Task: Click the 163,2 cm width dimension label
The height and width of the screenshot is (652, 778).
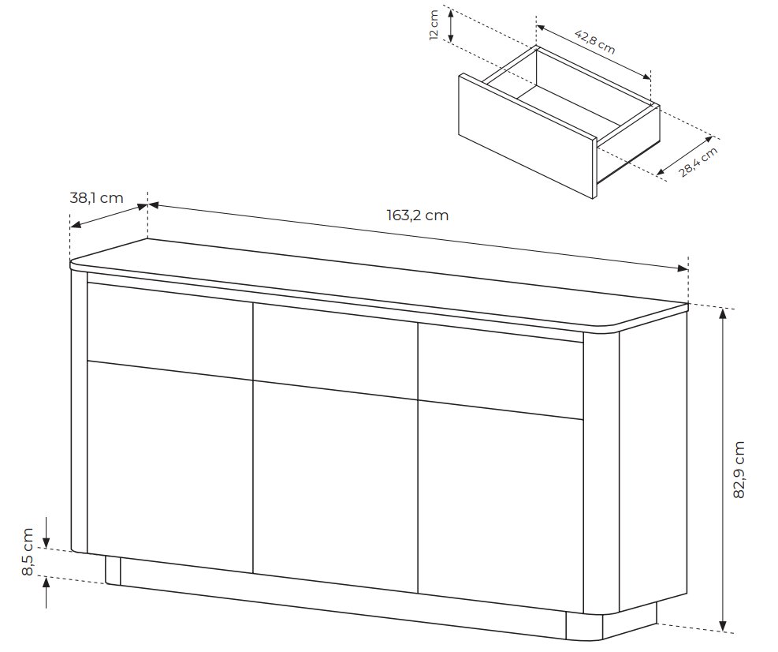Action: click(417, 215)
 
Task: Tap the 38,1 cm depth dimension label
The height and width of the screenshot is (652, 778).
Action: click(96, 198)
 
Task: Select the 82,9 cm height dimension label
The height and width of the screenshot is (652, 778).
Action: click(739, 470)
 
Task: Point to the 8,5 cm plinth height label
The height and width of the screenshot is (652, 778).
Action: click(28, 552)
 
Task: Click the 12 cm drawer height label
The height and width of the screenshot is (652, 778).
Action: click(434, 24)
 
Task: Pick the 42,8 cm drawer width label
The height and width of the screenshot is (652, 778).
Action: click(595, 42)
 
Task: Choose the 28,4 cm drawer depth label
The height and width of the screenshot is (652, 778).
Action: click(698, 162)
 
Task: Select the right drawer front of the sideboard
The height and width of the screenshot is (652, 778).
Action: click(500, 372)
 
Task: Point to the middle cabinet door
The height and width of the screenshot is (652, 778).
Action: click(336, 487)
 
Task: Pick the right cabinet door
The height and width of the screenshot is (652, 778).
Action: click(500, 508)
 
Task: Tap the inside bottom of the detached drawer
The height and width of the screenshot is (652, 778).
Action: click(570, 105)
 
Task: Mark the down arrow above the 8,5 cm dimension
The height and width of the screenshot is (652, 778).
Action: click(46, 532)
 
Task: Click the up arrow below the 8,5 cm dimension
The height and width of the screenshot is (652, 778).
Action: click(46, 593)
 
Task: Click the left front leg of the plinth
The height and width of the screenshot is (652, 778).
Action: click(114, 571)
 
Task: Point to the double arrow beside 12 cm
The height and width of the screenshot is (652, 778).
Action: click(451, 25)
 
